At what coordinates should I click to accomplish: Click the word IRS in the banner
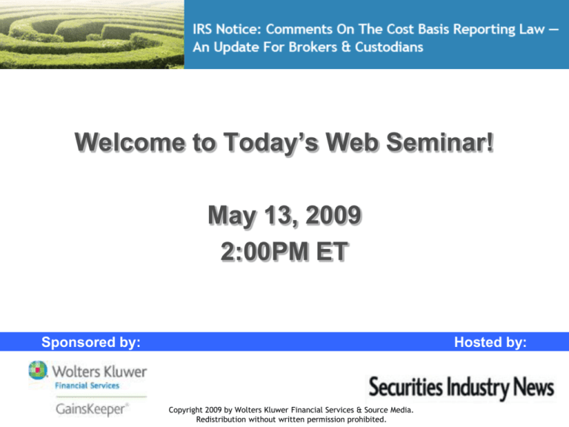click(x=206, y=30)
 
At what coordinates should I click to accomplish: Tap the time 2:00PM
click(x=262, y=252)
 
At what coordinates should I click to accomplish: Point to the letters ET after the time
click(x=330, y=252)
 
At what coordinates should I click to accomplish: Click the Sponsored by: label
click(x=91, y=342)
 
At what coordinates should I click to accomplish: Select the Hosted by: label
click(x=491, y=342)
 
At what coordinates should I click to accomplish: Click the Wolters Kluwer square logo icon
click(x=39, y=370)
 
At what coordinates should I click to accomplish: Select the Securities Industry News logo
click(x=461, y=387)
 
